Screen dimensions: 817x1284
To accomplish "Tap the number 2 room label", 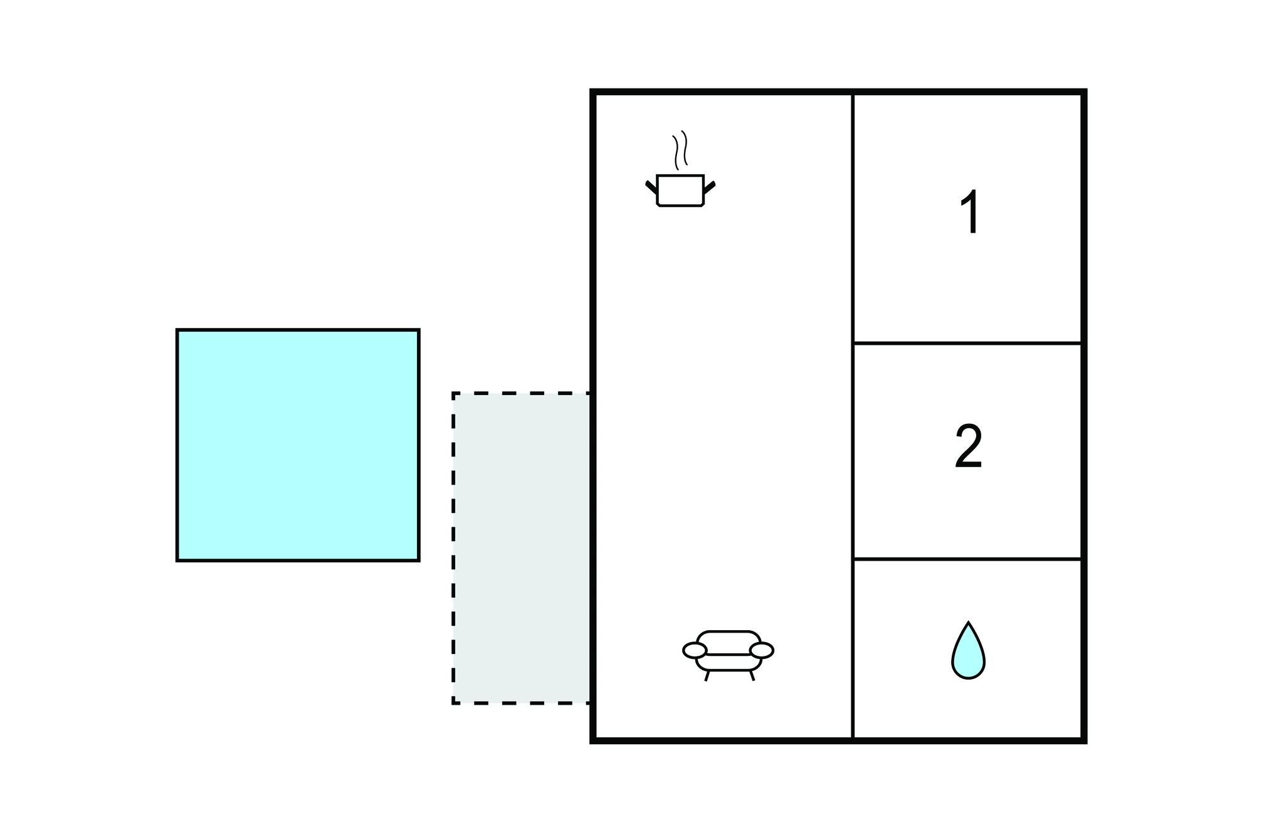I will tap(968, 446).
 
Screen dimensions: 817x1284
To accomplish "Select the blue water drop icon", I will tap(968, 655).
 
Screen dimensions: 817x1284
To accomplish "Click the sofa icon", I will tap(728, 653).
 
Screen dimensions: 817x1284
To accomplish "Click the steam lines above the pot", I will tap(680, 150).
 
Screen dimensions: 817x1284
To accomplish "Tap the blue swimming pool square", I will tap(298, 445).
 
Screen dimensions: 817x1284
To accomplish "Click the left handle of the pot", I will tap(651, 186).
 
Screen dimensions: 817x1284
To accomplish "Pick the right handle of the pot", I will tap(709, 186).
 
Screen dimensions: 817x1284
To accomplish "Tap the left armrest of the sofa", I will tap(695, 650).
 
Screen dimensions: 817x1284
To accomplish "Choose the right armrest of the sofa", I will tap(762, 650).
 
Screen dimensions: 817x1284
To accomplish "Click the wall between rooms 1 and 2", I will tap(967, 343).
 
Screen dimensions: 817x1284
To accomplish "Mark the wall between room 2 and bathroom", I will tap(967, 559).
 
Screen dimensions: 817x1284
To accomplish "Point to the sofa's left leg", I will tap(707, 675).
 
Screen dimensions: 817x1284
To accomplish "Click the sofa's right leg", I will tap(752, 675).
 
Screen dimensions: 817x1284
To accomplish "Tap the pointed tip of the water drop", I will tap(969, 625).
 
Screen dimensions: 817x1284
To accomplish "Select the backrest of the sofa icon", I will tap(728, 641).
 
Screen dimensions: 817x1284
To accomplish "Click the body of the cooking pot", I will tap(680, 191).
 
